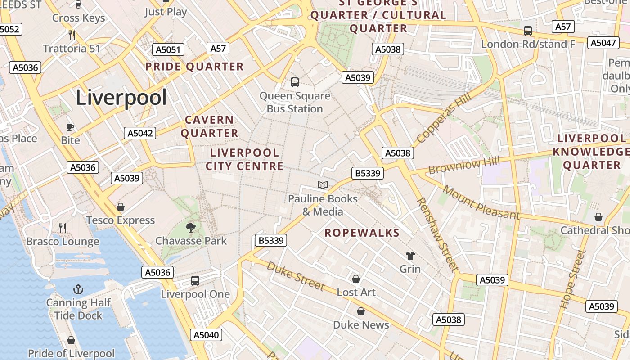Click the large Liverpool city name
click(x=121, y=98)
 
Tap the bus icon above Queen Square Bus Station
click(x=295, y=82)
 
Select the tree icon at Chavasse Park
click(x=191, y=227)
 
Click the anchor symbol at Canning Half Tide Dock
click(x=79, y=289)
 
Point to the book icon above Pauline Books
click(x=322, y=185)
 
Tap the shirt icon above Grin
click(x=410, y=256)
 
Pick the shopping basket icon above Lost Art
click(x=356, y=279)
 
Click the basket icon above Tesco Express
click(x=120, y=207)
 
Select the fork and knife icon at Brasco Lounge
click(x=63, y=228)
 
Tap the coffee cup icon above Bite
click(x=70, y=127)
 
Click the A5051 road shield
click(x=168, y=49)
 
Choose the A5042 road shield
click(x=140, y=133)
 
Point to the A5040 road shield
click(x=207, y=335)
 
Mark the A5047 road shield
click(x=603, y=43)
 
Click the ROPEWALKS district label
click(x=362, y=233)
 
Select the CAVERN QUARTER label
click(x=210, y=126)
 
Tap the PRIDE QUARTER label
click(x=194, y=67)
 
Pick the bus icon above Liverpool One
click(x=195, y=281)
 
